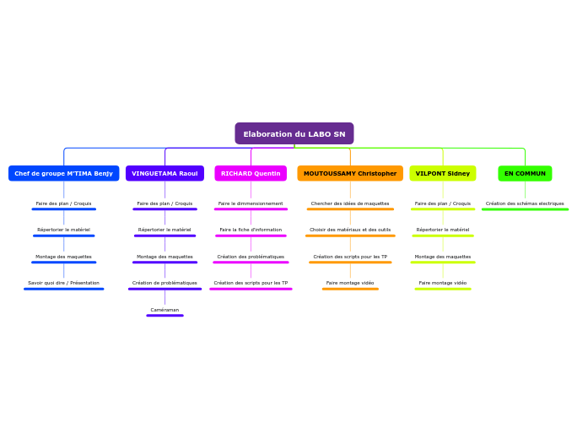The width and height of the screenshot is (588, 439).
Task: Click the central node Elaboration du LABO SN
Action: pyautogui.click(x=294, y=133)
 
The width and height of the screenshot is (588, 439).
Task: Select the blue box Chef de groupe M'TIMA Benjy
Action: pyautogui.click(x=63, y=173)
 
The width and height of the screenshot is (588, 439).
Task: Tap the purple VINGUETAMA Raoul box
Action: pyautogui.click(x=165, y=173)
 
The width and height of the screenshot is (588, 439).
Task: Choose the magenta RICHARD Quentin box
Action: pyautogui.click(x=251, y=173)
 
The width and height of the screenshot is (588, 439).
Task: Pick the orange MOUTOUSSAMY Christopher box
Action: pyautogui.click(x=350, y=173)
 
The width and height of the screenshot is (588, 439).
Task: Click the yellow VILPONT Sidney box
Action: pyautogui.click(x=443, y=173)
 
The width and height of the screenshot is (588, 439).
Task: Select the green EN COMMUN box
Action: pyautogui.click(x=525, y=173)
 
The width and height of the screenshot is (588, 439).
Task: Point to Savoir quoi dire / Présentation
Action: pyautogui.click(x=63, y=283)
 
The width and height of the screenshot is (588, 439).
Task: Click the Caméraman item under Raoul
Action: pyautogui.click(x=165, y=310)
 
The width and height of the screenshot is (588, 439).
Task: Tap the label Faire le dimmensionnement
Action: pyautogui.click(x=251, y=203)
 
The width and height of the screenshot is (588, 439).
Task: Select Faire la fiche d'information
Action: pyautogui.click(x=251, y=230)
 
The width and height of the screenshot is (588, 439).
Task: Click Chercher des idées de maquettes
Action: pyautogui.click(x=350, y=203)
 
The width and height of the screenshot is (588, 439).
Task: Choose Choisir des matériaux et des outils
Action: pyautogui.click(x=350, y=230)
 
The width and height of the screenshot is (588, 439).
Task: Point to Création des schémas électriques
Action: pyautogui.click(x=525, y=203)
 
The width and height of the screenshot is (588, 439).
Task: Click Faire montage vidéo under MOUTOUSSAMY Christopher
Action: pyautogui.click(x=350, y=283)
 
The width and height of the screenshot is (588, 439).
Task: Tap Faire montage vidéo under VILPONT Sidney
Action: pyautogui.click(x=443, y=283)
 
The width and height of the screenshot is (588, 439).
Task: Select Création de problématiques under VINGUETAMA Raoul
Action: pyautogui.click(x=165, y=283)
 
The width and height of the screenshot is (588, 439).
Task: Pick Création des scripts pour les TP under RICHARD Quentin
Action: pyautogui.click(x=251, y=283)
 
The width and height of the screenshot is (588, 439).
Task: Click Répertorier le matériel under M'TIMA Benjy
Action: pyautogui.click(x=63, y=230)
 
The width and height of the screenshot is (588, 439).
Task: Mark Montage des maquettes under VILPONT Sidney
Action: pyautogui.click(x=443, y=257)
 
